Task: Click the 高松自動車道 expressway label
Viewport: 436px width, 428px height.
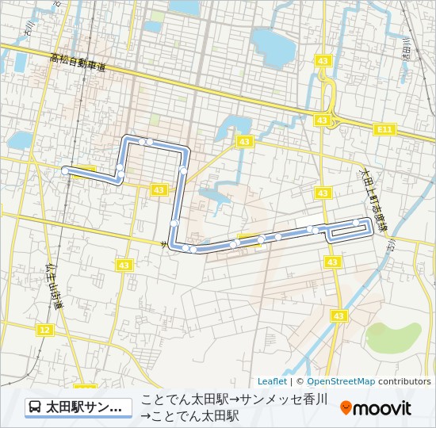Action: click(x=77, y=62)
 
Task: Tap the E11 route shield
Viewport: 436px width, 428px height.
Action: click(x=385, y=128)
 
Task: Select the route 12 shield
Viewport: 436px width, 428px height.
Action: click(x=44, y=330)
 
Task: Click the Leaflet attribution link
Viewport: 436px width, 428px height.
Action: click(x=272, y=381)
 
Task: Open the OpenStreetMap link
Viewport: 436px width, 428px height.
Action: click(x=341, y=381)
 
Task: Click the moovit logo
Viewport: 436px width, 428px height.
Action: click(x=376, y=408)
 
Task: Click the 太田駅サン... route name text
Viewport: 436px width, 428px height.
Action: click(x=84, y=407)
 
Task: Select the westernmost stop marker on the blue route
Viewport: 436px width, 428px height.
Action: click(x=65, y=170)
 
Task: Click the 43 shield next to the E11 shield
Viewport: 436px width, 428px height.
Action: click(x=322, y=120)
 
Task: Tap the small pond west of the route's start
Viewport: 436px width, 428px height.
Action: click(x=20, y=141)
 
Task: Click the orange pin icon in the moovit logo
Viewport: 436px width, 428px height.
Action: click(x=346, y=408)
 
